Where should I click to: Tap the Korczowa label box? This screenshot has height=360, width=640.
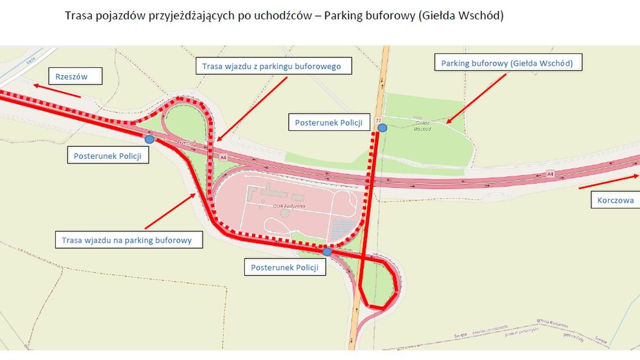(615, 200)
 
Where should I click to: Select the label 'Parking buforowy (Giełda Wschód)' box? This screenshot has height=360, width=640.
(507, 63)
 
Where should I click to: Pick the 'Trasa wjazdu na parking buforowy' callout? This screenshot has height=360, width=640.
(127, 240)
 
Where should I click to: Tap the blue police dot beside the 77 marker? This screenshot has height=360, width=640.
(382, 128)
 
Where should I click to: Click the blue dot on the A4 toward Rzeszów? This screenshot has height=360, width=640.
(149, 139)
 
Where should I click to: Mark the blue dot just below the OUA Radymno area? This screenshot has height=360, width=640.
(327, 252)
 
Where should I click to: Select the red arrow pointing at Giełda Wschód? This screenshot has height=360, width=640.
(476, 98)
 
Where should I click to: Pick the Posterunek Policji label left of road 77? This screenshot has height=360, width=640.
(328, 122)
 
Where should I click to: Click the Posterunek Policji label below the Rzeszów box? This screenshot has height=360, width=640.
(107, 156)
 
